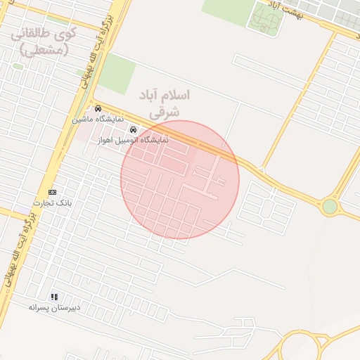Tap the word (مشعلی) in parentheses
click(x=44, y=49)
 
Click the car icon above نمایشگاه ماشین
click(x=98, y=109)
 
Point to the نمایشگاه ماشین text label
click(x=98, y=120)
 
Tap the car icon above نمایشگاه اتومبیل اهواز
click(x=133, y=130)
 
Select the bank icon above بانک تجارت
click(x=52, y=192)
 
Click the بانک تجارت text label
click(x=60, y=202)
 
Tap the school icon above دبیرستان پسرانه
click(x=55, y=297)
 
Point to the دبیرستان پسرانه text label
click(x=55, y=307)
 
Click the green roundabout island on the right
click(x=329, y=207)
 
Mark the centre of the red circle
click(x=180, y=180)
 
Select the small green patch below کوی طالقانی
click(x=18, y=66)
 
